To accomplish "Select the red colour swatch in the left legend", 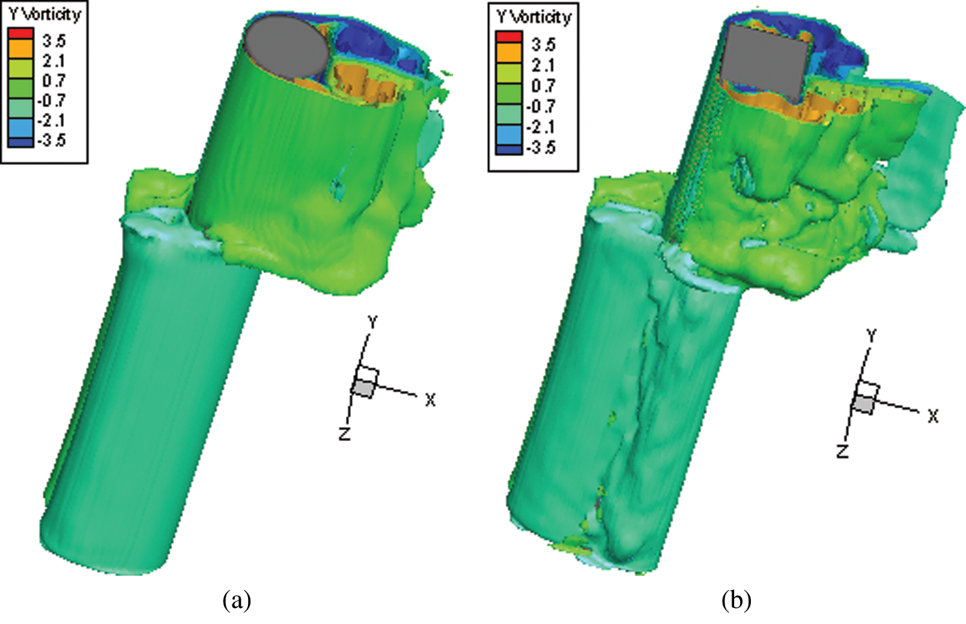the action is coord(20,33).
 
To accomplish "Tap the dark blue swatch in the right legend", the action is coord(509,149).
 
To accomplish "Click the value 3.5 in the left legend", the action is coord(53,42).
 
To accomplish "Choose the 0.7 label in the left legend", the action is coord(53,81).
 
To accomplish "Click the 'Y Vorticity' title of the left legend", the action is coord(45,15).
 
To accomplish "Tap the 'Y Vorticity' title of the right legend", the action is coord(533,17).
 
